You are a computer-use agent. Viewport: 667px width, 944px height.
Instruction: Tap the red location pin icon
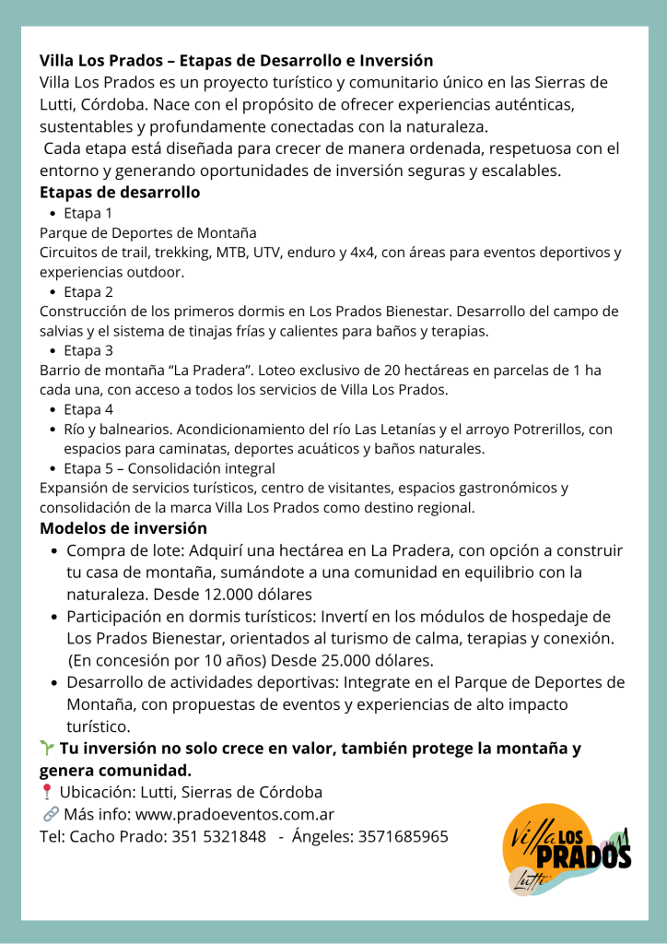point(47,793)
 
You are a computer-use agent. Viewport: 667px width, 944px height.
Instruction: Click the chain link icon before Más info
point(49,815)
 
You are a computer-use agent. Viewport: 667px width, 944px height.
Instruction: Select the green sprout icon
point(47,749)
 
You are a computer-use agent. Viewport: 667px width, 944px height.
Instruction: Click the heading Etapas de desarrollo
point(120,193)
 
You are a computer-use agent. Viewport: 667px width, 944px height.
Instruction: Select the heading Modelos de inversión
point(123,528)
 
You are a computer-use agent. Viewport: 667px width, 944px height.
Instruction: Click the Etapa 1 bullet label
point(88,213)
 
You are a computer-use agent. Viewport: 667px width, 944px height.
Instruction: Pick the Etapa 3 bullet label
point(88,350)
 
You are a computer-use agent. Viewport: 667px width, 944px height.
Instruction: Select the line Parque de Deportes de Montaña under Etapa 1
point(147,232)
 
